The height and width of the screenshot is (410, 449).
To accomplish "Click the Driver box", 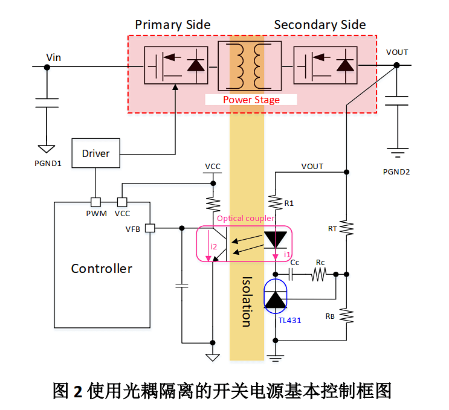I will [x=95, y=153].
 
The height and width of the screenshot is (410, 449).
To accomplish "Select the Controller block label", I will [x=102, y=268].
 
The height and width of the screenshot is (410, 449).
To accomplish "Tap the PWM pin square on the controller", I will [x=95, y=202].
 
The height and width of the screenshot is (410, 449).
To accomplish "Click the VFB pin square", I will [x=150, y=228].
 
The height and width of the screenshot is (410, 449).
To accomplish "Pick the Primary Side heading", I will [x=173, y=25].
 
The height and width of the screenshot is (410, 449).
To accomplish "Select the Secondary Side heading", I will [x=320, y=25].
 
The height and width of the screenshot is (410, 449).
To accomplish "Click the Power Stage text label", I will [x=251, y=100].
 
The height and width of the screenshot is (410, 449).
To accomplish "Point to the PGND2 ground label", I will [x=396, y=171].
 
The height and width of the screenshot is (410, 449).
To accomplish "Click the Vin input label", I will [x=54, y=57].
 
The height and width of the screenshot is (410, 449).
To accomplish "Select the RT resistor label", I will [x=332, y=228].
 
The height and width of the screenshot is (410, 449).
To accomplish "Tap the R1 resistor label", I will [x=289, y=203].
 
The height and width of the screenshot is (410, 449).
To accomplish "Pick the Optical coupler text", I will [x=245, y=218].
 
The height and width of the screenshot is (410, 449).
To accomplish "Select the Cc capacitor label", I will [x=295, y=263].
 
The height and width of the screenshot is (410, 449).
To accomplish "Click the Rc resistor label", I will [x=320, y=263].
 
